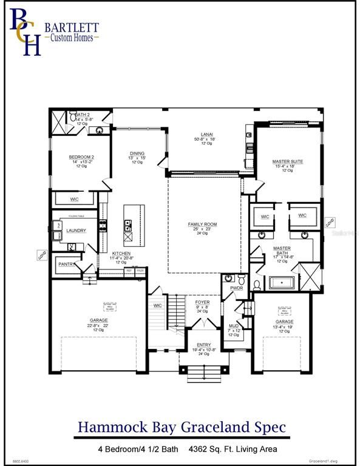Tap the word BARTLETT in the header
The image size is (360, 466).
(x=70, y=27)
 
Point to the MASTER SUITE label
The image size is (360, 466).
(x=287, y=161)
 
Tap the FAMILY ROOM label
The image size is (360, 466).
(x=202, y=225)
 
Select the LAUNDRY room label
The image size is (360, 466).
(x=76, y=231)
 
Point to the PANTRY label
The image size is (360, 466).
(x=67, y=265)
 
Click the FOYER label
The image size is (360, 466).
(x=202, y=302)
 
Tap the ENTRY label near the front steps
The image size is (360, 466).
(x=203, y=345)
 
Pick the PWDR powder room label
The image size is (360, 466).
(x=236, y=288)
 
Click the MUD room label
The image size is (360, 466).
(x=234, y=326)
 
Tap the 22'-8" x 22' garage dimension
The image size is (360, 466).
(x=98, y=325)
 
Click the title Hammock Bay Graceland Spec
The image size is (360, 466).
(x=182, y=427)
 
